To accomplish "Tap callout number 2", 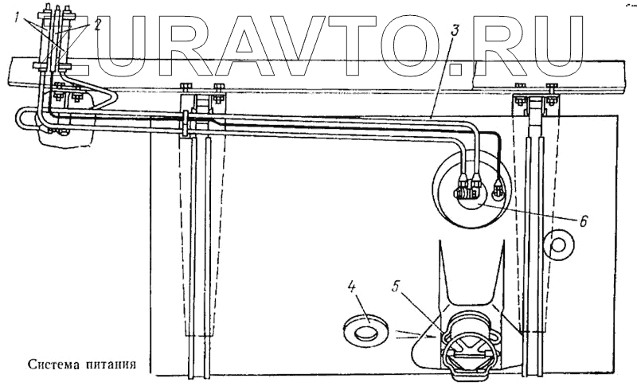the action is point(96,24).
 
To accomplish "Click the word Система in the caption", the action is point(55,366).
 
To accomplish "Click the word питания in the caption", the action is point(112,366).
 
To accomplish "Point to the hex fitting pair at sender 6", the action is point(466,190).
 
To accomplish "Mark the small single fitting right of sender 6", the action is point(498,189).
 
